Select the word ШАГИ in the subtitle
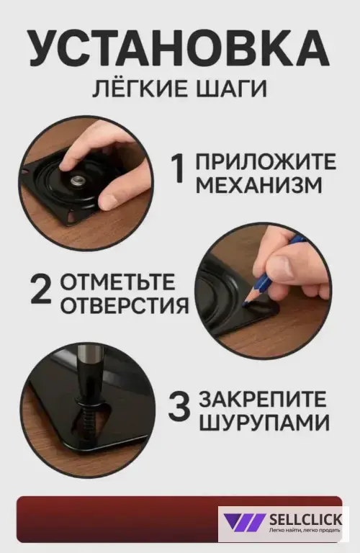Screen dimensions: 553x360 230,89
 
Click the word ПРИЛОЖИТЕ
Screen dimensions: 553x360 266,161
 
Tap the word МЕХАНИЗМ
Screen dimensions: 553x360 259,186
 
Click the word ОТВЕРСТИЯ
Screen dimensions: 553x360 124,305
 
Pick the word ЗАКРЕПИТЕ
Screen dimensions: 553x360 263,398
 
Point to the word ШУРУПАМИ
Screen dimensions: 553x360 264,422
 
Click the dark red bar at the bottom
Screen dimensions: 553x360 115,518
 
